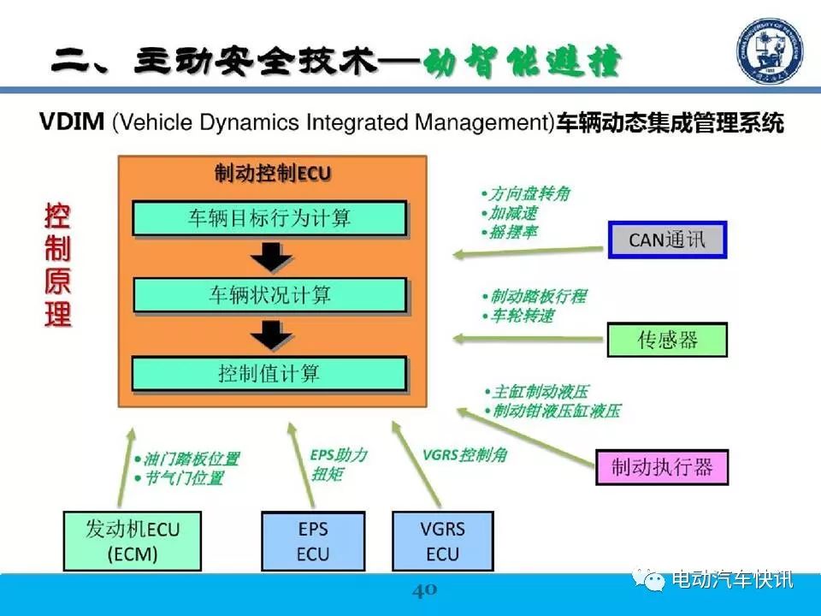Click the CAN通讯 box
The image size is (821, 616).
click(668, 240)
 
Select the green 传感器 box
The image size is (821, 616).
click(667, 340)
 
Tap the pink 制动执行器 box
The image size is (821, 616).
click(662, 467)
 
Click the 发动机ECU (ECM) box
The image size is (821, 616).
click(133, 541)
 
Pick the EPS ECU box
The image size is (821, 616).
click(313, 541)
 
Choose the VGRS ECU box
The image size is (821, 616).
click(442, 541)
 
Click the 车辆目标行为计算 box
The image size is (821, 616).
click(269, 218)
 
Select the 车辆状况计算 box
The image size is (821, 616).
click(269, 295)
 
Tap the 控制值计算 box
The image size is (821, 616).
click(269, 374)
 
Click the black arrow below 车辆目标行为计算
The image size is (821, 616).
click(271, 257)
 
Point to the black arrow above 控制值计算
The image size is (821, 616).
click(271, 335)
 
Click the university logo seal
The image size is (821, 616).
click(769, 50)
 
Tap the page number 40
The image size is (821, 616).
click(425, 590)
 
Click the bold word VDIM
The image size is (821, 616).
click(72, 121)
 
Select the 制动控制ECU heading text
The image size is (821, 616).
click(273, 174)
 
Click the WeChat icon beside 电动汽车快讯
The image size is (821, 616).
click(648, 579)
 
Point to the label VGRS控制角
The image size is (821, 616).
click(465, 454)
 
